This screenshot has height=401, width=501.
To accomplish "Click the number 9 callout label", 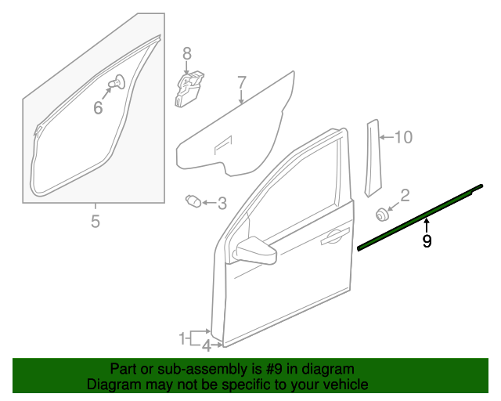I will (427, 242).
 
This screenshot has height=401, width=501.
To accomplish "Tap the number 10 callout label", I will (402, 138).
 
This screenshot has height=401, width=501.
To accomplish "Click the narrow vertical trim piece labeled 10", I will (370, 157).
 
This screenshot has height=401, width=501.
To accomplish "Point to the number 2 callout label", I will (405, 195).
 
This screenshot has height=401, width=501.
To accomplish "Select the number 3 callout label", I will (222, 204).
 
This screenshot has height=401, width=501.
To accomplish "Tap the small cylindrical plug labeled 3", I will (193, 201).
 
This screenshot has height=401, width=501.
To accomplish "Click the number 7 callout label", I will (241, 82).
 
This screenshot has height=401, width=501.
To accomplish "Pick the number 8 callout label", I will (186, 53).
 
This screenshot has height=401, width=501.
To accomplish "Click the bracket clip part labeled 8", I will (187, 88).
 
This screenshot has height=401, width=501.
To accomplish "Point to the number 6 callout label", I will (98, 108).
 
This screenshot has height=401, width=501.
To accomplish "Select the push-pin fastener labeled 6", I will (118, 81).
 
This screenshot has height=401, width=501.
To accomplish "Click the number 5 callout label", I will (95, 222).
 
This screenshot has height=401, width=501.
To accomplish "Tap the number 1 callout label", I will (182, 338).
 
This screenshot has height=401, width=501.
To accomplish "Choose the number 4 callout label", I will (206, 345).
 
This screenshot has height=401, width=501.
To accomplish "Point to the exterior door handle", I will (335, 235).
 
